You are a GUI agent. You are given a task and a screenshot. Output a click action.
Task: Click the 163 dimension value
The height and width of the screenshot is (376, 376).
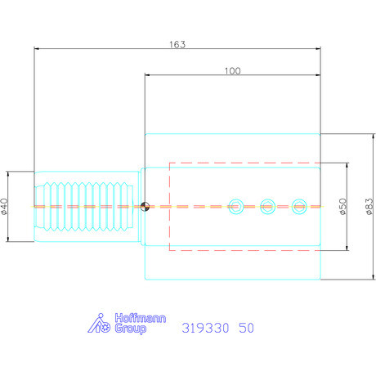177,43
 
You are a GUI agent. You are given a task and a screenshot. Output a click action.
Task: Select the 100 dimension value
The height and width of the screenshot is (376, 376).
232,71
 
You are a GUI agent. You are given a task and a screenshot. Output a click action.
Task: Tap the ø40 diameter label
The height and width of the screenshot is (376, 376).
5,206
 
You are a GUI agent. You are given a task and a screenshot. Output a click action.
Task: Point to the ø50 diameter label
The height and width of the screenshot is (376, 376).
343,206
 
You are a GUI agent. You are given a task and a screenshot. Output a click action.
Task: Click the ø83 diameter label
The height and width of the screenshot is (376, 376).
369,206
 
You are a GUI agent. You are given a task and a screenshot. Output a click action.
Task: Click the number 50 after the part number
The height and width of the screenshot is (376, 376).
245,328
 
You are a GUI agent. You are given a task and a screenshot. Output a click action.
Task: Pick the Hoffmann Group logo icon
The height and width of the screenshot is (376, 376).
100,325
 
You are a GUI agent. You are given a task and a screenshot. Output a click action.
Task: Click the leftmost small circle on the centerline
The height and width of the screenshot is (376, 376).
237,206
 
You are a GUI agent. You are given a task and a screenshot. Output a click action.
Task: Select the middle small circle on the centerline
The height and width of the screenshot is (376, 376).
267,206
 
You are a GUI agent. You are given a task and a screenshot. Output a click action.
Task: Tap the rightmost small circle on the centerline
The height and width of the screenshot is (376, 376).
299,206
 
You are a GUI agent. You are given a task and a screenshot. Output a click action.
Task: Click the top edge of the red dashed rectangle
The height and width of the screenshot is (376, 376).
245,163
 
